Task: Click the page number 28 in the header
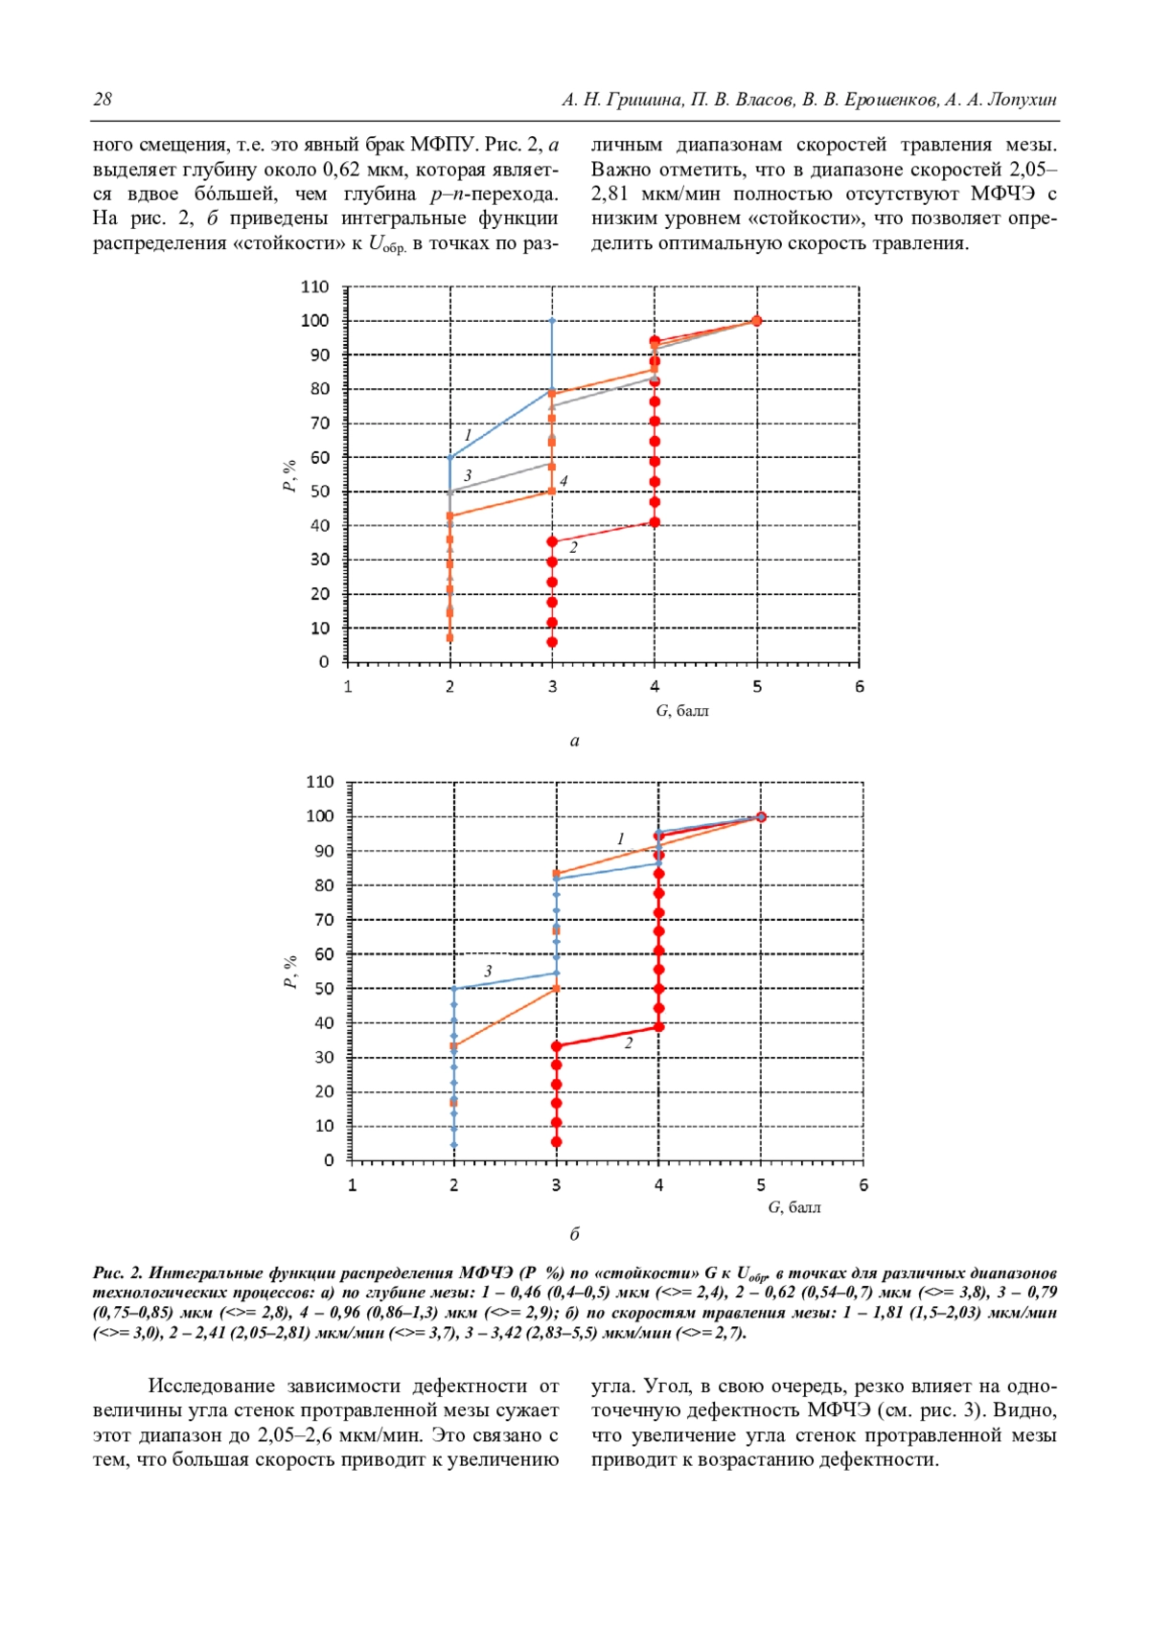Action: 103,100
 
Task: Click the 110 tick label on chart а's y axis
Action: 314,286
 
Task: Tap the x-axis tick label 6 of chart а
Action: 860,686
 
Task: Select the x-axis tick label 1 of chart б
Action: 352,1185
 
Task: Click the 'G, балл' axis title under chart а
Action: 682,711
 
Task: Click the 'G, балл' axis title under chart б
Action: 794,1207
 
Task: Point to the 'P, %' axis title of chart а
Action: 288,475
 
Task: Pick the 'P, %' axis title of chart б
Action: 290,972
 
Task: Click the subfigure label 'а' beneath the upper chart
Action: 575,741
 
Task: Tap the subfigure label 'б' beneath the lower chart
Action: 575,1234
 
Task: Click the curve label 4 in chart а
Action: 563,481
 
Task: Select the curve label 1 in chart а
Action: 468,436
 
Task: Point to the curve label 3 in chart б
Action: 488,972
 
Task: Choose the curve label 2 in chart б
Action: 629,1043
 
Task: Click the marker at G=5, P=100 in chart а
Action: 757,321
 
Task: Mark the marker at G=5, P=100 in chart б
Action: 761,816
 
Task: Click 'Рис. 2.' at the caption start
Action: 118,1272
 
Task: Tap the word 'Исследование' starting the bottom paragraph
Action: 203,1386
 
